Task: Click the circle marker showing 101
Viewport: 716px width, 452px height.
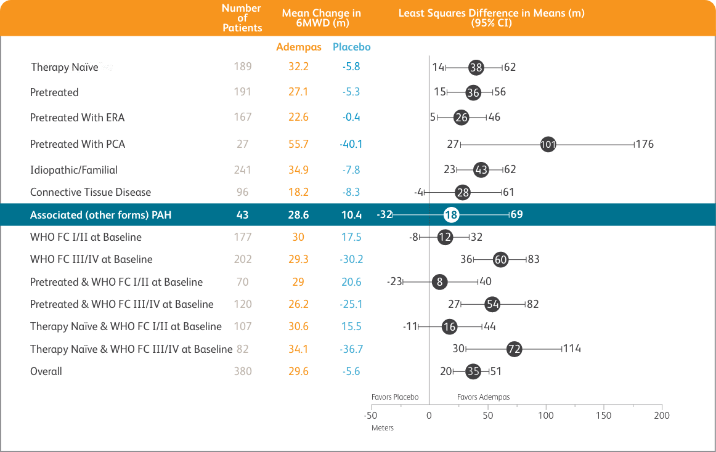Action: click(548, 145)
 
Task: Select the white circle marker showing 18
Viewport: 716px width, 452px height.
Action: click(451, 215)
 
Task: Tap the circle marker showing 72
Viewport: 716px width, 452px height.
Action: click(514, 349)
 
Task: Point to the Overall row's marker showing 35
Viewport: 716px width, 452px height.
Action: click(473, 371)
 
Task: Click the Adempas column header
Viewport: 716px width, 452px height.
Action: click(298, 47)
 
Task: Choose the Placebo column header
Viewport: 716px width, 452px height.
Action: click(351, 47)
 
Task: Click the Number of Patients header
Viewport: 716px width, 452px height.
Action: click(242, 18)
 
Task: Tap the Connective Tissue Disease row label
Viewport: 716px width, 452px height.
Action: click(91, 192)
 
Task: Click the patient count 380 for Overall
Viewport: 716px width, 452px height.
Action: click(243, 371)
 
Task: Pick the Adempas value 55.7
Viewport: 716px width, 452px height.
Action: click(298, 144)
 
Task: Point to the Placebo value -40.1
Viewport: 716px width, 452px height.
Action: click(351, 144)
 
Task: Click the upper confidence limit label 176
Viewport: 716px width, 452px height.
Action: click(645, 145)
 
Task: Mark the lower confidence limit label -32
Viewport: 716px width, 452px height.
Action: click(384, 215)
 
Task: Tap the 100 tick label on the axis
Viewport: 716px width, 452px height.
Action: click(545, 416)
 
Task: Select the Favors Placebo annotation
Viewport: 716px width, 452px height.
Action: click(395, 397)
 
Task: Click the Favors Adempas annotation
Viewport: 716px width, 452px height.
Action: click(483, 397)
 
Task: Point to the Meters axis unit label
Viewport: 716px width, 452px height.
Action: click(382, 427)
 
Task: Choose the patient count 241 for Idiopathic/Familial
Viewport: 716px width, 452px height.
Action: click(243, 170)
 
